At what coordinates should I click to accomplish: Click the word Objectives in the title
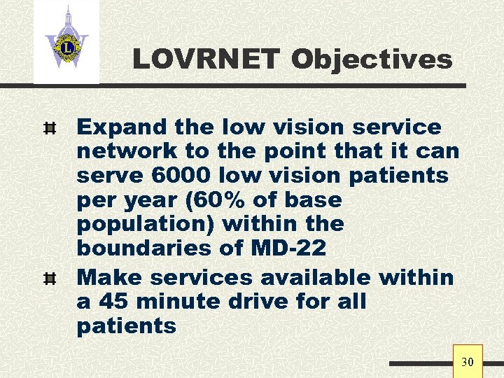(x=372, y=59)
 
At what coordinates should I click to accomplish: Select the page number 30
(x=467, y=362)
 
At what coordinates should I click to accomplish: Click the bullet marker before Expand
(x=49, y=128)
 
